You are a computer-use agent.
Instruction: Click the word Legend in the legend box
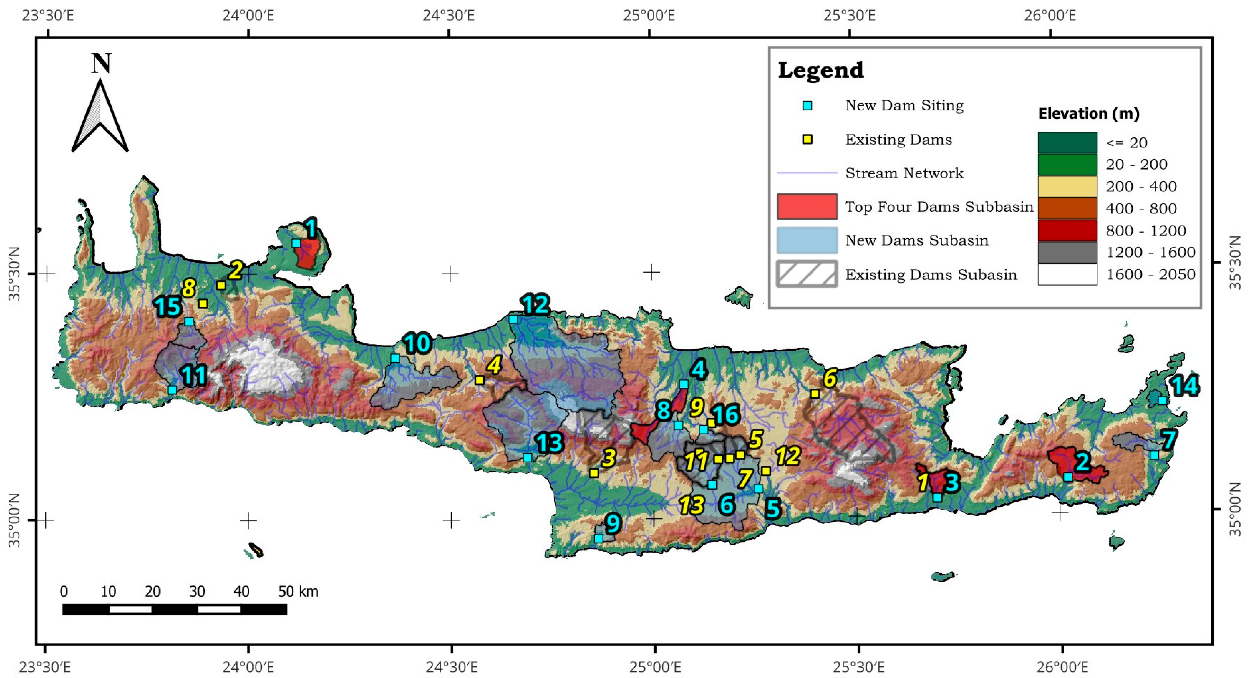pos(820,70)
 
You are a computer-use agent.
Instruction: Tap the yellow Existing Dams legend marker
pos(807,140)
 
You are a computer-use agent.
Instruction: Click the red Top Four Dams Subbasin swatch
pos(807,207)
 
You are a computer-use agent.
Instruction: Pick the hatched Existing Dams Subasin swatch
pos(807,274)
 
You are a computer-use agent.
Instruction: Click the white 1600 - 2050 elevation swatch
pos(1067,275)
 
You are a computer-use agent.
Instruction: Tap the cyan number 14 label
pos(1184,387)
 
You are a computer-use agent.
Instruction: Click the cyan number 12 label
pos(535,305)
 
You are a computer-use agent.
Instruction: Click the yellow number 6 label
pos(829,378)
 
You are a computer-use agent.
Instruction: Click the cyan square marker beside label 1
pos(296,243)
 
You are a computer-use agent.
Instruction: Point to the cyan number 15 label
pos(168,307)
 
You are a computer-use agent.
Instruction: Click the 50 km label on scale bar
pos(298,591)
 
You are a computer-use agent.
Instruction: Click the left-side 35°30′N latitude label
pos(14,274)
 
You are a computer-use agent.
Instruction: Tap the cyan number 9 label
pos(613,523)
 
